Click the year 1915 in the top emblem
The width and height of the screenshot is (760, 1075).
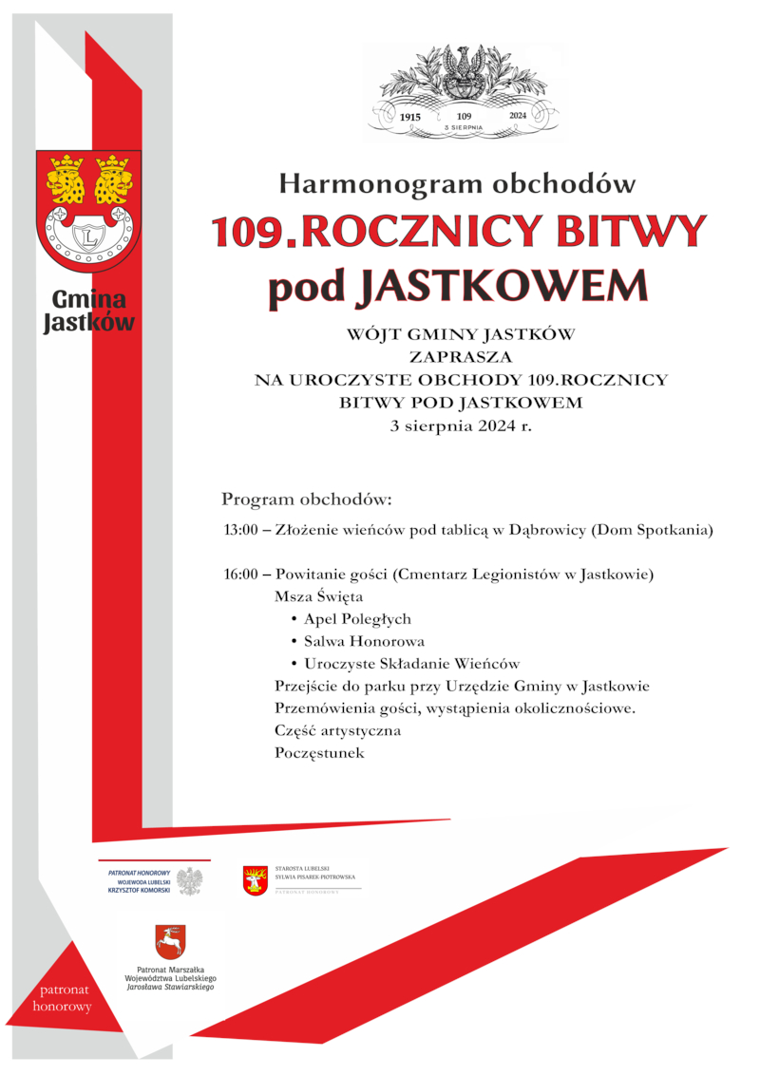tap(410, 115)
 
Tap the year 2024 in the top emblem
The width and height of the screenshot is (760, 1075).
tap(518, 115)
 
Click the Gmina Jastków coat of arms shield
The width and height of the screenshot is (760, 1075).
tap(88, 210)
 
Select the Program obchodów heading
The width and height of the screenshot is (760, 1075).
tap(306, 499)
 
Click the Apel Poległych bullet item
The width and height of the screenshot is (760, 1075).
tap(357, 619)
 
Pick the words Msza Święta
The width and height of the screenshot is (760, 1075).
tap(318, 597)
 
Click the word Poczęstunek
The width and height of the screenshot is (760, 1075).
tap(319, 753)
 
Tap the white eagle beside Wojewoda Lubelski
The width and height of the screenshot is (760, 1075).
tap(191, 881)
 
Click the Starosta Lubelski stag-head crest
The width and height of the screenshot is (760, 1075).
tap(255, 881)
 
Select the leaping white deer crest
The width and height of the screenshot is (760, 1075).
tap(170, 942)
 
